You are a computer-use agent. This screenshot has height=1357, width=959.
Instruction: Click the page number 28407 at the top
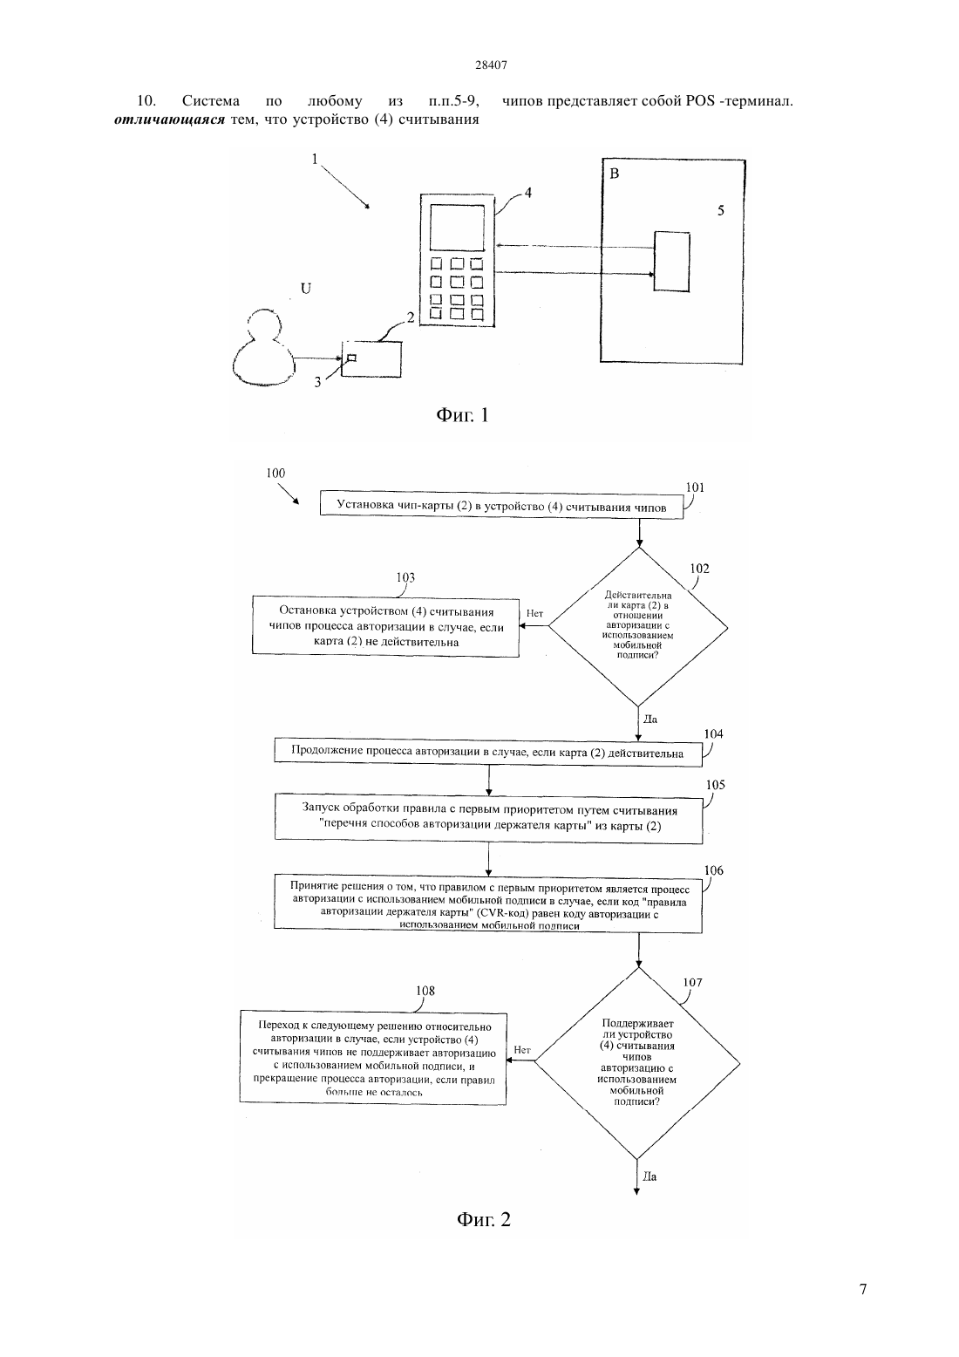(491, 65)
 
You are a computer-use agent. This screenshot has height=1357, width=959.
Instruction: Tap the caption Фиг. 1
(462, 415)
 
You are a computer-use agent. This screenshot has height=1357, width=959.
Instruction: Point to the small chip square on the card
(351, 358)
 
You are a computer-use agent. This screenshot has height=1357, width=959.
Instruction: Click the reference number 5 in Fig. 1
(720, 210)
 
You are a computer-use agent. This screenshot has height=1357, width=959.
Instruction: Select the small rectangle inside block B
(671, 261)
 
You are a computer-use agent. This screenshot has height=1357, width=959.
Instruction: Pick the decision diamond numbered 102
(638, 627)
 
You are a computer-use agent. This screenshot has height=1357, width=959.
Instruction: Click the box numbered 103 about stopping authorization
(385, 626)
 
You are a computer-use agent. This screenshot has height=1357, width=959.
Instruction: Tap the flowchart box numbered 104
(488, 753)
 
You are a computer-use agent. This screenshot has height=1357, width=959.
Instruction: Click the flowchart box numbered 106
(488, 903)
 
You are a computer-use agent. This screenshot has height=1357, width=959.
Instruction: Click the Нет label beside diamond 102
(534, 613)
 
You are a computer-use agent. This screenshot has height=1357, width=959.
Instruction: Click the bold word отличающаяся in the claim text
(169, 119)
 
